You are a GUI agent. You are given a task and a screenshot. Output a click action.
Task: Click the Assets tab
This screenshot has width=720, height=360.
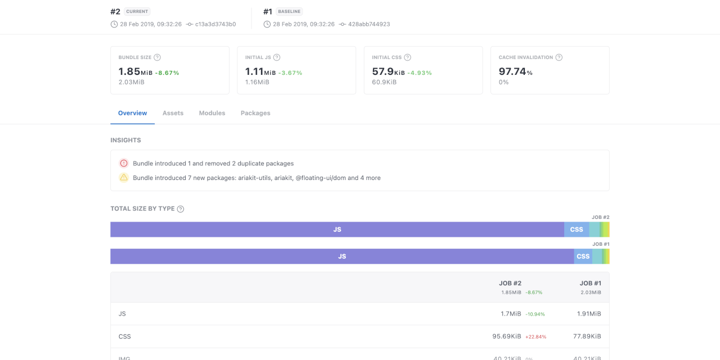173,113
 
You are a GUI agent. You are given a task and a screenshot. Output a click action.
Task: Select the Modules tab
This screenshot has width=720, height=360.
212,113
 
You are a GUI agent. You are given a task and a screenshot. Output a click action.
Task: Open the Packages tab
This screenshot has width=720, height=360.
255,113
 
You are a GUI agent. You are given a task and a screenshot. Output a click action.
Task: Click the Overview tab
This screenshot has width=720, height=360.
132,113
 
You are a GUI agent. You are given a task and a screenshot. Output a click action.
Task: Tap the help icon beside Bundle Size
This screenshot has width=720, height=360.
157,57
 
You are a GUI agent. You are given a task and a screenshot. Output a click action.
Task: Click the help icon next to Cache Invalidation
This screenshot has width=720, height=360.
559,57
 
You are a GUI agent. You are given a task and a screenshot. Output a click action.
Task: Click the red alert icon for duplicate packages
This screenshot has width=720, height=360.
124,163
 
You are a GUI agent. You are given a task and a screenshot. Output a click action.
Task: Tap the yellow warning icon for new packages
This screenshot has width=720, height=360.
124,178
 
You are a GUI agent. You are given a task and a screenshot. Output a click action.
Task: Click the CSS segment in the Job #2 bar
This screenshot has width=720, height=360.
577,229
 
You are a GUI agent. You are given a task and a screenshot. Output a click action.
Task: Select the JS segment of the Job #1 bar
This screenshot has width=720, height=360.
342,256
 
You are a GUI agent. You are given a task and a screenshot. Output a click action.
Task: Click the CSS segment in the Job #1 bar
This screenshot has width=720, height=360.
583,256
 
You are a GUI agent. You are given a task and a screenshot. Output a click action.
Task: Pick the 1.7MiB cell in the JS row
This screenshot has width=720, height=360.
511,314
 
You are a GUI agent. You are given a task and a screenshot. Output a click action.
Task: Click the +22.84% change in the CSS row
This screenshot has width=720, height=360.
535,337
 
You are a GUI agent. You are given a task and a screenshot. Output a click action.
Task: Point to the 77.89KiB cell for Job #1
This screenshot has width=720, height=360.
587,336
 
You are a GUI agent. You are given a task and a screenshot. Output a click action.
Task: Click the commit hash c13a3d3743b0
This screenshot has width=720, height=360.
215,24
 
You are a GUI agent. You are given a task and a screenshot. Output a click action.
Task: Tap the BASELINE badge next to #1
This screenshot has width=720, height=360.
289,11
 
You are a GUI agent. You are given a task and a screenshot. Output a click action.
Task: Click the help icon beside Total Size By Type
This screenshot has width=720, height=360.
181,209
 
